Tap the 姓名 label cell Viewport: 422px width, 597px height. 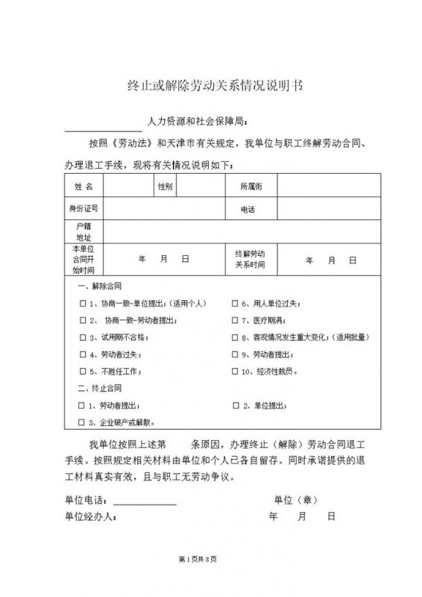pos(83,185)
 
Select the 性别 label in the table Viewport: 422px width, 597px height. pos(165,185)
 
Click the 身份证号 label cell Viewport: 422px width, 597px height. pos(83,208)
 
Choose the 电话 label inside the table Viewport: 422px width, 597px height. pos(248,210)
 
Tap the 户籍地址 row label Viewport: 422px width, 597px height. pos(83,231)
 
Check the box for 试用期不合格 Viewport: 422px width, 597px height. pos(82,337)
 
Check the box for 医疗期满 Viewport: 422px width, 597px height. pos(235,321)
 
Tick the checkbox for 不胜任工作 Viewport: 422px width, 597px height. pos(82,371)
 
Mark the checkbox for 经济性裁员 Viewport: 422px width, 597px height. pos(235,371)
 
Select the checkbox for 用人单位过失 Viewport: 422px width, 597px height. pos(235,304)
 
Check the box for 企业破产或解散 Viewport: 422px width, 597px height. pos(82,422)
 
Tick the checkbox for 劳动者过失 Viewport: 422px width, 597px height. pos(82,354)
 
